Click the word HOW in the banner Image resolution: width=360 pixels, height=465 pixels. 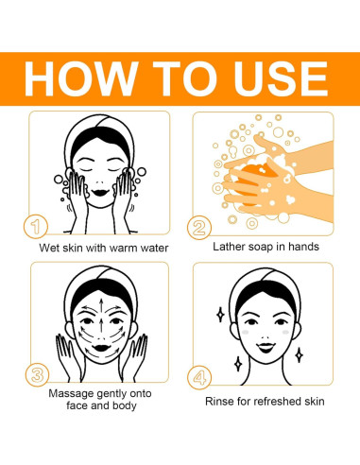(x=81, y=78)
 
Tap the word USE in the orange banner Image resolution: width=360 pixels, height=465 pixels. (x=281, y=78)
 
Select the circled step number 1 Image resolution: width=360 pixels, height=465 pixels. (x=36, y=227)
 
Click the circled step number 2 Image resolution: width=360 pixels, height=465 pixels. (x=199, y=228)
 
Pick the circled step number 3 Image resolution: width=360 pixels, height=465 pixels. (x=37, y=375)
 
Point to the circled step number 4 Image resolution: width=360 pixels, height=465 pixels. (x=199, y=377)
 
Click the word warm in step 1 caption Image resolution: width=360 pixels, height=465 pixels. (x=122, y=249)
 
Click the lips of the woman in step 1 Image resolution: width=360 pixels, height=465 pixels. (x=100, y=192)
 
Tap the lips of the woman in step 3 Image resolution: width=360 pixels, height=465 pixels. (x=101, y=348)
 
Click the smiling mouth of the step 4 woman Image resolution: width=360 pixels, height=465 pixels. (x=266, y=348)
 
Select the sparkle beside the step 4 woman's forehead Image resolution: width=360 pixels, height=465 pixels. (x=220, y=315)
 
